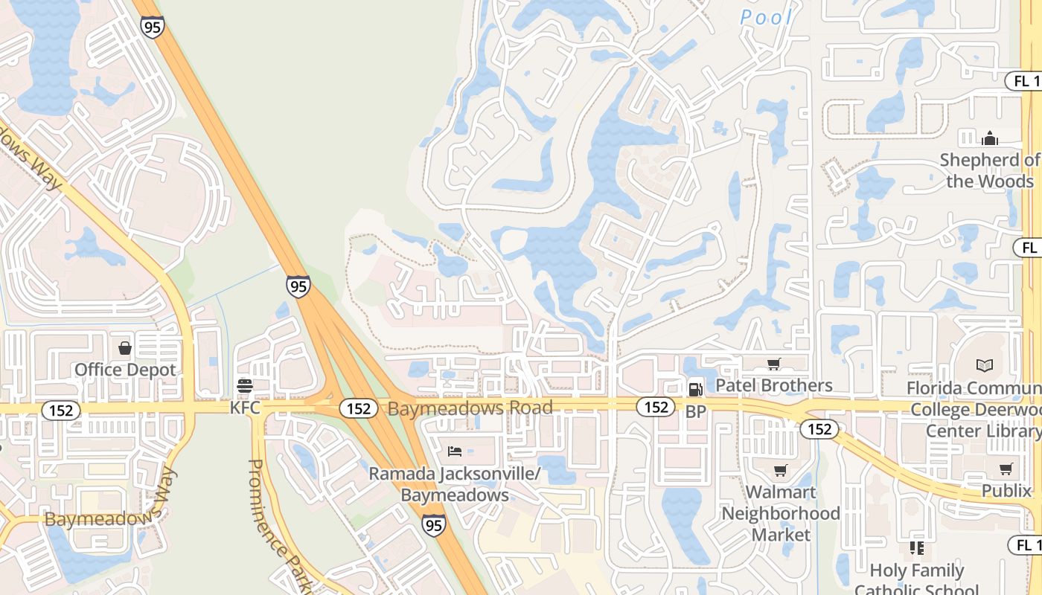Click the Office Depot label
click(125, 370)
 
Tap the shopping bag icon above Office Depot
click(125, 348)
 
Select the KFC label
click(245, 408)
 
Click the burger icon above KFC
click(244, 386)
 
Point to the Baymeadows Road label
click(470, 408)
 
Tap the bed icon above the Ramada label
click(455, 451)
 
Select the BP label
click(695, 411)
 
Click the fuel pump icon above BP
click(695, 388)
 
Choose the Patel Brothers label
click(773, 385)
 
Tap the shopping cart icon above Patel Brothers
click(773, 364)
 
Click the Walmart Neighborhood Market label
click(781, 513)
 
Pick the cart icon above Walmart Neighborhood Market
click(780, 471)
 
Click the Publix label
click(1006, 491)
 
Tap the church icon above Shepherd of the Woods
click(989, 138)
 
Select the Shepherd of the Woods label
click(990, 170)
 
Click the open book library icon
click(985, 365)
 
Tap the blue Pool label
click(767, 16)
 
